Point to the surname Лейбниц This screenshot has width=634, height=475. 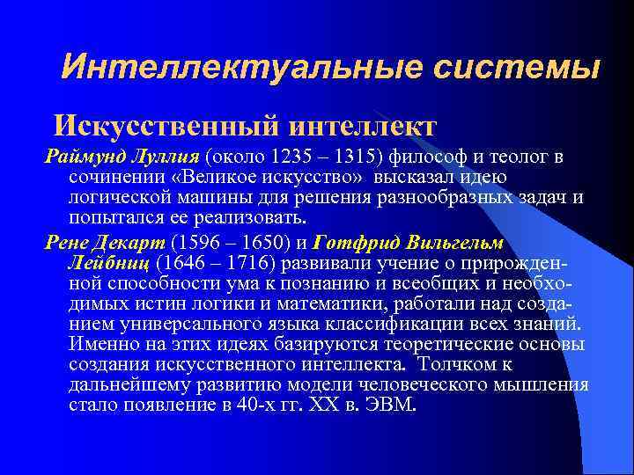(x=108, y=261)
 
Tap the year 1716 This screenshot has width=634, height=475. (x=248, y=261)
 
